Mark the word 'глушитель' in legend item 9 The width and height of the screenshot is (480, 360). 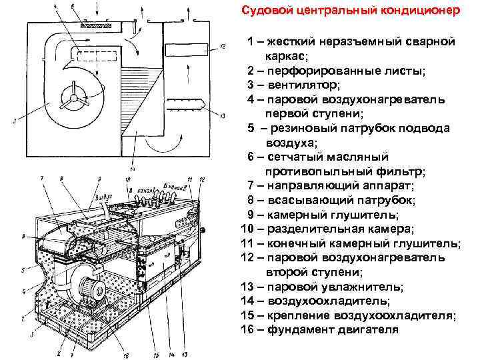click(x=375, y=215)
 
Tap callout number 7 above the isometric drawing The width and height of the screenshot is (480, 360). click(x=42, y=178)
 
